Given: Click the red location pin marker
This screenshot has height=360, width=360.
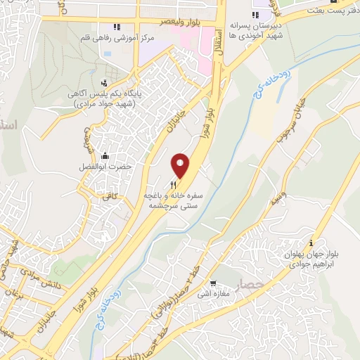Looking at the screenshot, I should (181, 165).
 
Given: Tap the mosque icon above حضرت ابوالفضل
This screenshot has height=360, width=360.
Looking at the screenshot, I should (105, 155).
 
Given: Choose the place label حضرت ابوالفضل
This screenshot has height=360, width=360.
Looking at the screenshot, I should (106, 169).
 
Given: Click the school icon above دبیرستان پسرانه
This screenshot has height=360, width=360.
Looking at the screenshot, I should (257, 15).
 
